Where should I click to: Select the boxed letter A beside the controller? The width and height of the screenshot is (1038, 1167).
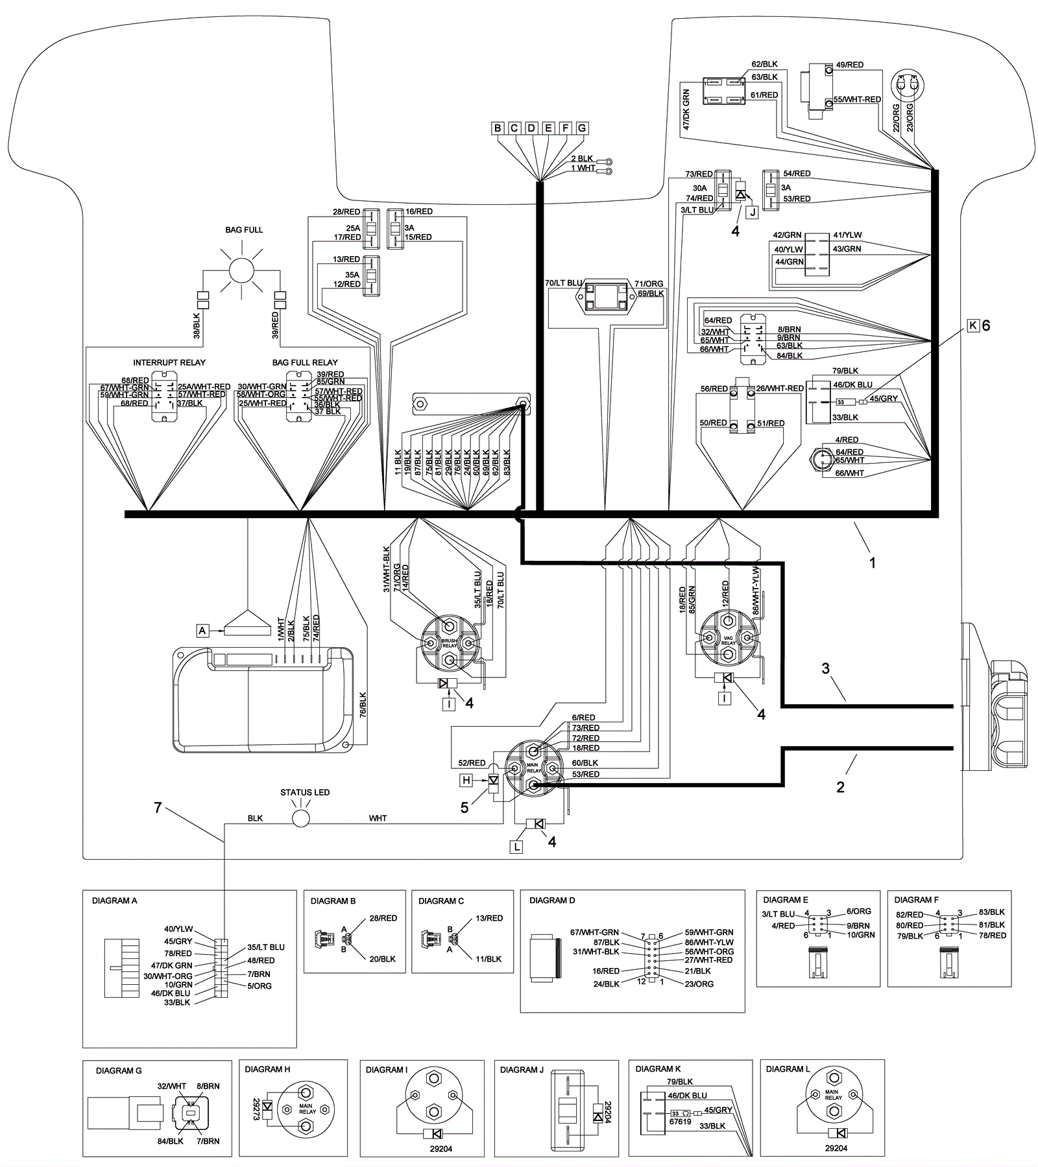203,630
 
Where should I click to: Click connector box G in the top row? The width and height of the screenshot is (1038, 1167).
582,128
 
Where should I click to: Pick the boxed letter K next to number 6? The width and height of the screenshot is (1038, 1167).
972,325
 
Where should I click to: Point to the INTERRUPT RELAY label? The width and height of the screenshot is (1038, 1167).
169,362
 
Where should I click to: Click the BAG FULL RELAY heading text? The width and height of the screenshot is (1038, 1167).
305,362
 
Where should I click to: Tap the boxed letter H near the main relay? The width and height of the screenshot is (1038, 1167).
466,780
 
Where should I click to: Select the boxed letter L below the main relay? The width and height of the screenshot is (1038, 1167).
516,847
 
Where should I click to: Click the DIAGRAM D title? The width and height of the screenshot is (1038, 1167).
552,901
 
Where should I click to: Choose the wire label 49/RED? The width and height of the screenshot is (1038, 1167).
849,65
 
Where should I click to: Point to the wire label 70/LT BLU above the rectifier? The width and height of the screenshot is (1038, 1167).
563,283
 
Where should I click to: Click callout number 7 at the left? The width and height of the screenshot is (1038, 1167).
158,808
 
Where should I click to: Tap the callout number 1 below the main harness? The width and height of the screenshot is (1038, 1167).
873,563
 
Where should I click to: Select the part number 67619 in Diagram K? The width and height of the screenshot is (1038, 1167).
680,1121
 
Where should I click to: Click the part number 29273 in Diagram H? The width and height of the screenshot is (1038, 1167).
256,1108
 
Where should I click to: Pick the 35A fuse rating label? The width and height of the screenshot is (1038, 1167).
352,275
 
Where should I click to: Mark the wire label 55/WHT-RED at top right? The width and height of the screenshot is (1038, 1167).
857,100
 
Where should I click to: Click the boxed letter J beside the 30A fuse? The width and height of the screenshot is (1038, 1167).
752,212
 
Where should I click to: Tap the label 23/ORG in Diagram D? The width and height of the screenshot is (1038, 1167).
699,984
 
